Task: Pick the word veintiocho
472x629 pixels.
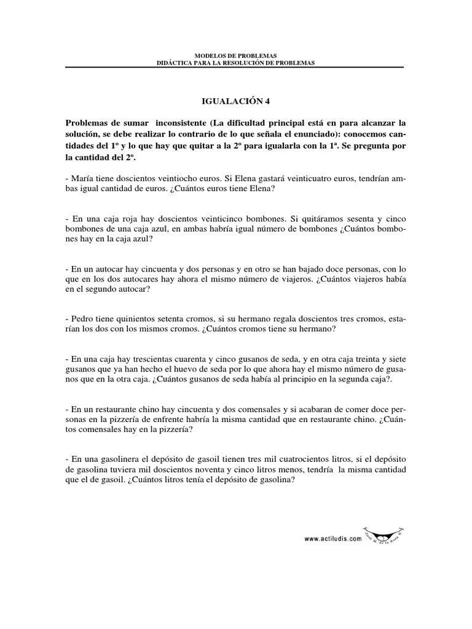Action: click(174, 178)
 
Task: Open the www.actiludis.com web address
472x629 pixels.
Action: click(332, 539)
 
